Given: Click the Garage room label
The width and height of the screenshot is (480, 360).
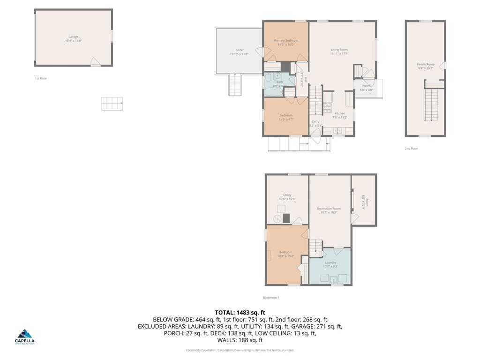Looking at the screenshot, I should [x=74, y=37].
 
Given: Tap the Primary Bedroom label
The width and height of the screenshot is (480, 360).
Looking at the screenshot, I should [x=286, y=40].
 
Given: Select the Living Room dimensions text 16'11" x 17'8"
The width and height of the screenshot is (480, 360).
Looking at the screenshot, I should [x=339, y=54].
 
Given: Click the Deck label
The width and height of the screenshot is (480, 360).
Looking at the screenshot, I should [x=239, y=50].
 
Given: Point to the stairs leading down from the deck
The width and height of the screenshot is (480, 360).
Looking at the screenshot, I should [x=234, y=85].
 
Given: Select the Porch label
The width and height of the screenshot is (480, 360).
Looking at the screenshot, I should [x=366, y=86].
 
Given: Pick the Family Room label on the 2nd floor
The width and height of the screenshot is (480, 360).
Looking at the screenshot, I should [x=426, y=64].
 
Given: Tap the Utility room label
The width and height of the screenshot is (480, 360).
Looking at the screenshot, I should [x=287, y=195].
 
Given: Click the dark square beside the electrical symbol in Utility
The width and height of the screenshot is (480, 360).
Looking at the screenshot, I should [x=287, y=218].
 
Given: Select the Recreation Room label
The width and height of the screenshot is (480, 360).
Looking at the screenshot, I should [x=329, y=209].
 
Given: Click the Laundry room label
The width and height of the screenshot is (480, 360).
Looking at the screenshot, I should [x=330, y=262].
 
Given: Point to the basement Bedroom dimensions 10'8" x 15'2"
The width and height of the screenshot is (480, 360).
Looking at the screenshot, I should [x=285, y=256].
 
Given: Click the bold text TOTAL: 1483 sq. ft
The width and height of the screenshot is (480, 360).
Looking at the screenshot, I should [x=240, y=312].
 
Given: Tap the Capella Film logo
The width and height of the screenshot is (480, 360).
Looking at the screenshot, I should [x=25, y=337].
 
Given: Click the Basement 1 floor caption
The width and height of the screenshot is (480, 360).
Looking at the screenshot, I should [x=271, y=298].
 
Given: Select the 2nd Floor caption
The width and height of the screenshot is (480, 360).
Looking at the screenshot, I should [x=411, y=149].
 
